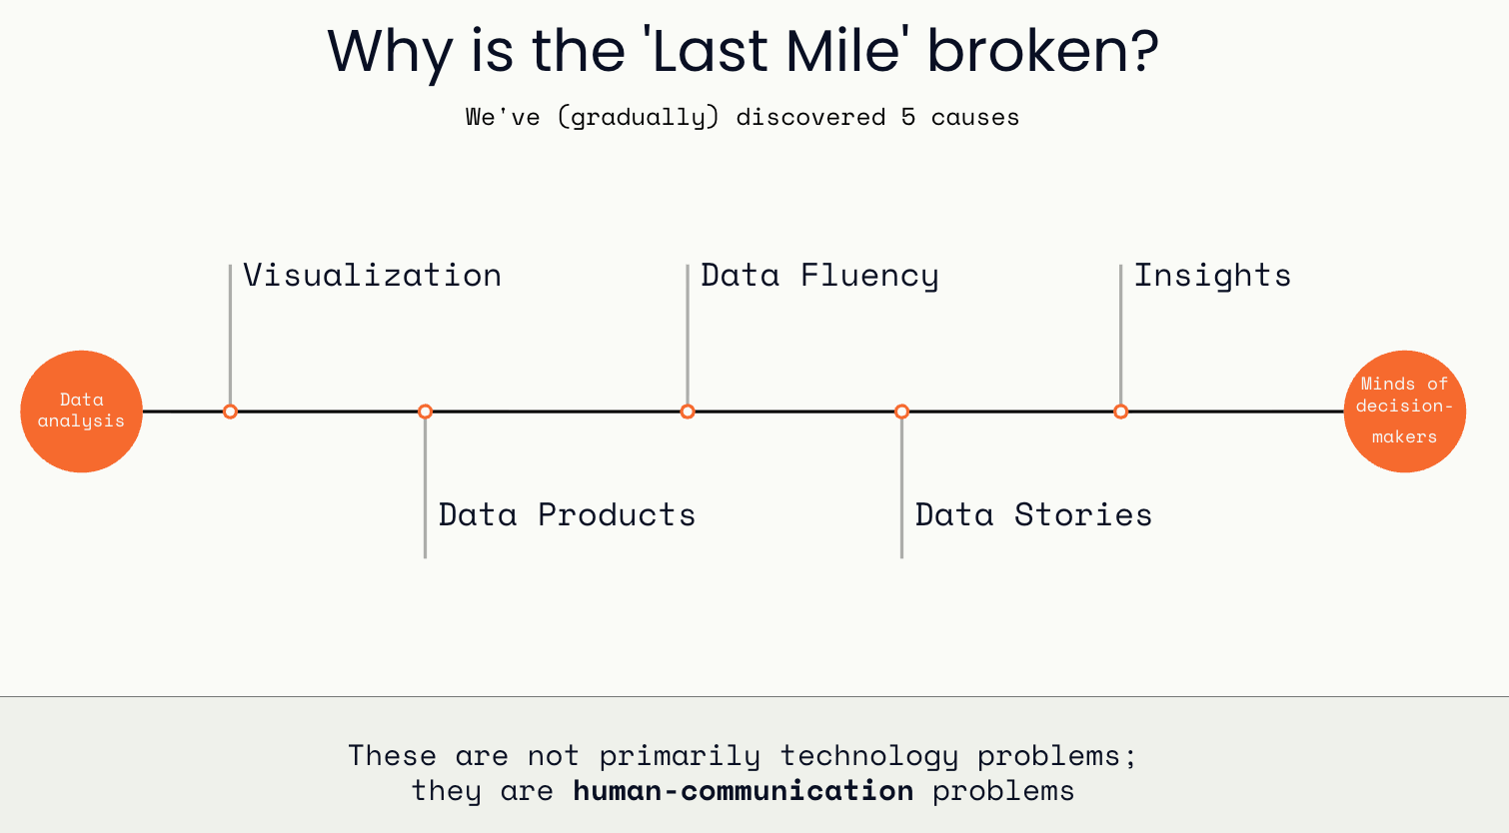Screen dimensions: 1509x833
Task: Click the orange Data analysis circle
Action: coord(82,412)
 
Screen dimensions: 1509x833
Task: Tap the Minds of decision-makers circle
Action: coord(1405,412)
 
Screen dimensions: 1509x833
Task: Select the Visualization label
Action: coord(373,276)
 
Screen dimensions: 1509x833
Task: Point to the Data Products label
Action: coord(567,515)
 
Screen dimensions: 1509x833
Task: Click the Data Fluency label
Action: coord(819,277)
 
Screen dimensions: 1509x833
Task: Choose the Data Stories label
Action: coord(1033,515)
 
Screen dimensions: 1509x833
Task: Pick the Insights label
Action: coord(1212,277)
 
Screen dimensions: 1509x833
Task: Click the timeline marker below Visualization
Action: coord(231,412)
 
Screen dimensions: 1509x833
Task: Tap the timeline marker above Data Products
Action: coord(425,412)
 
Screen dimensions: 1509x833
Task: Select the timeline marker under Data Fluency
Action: coord(688,412)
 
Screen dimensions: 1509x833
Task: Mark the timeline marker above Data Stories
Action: coord(902,412)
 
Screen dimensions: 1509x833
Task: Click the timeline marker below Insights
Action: coord(1121,412)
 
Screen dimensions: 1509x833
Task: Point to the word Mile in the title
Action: coord(843,51)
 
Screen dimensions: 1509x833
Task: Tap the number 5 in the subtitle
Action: coord(908,117)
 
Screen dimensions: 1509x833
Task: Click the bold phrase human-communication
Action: coord(744,791)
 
